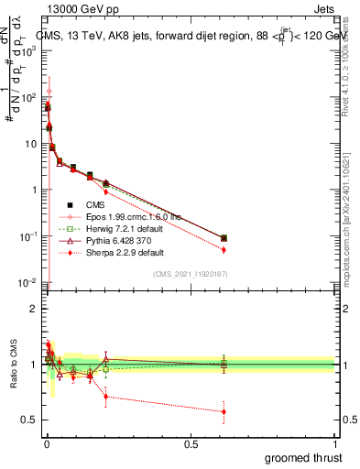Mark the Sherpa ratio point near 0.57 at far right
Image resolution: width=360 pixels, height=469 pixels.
click(x=224, y=411)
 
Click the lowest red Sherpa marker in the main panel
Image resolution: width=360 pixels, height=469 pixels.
click(x=224, y=249)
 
